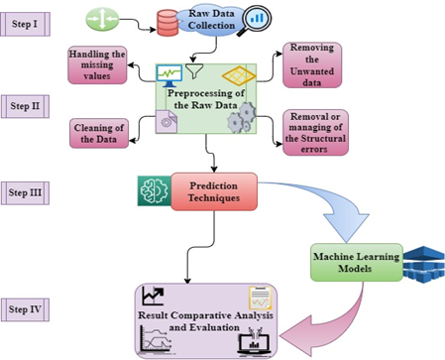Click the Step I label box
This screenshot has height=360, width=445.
click(25, 24)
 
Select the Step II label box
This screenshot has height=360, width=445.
click(25, 106)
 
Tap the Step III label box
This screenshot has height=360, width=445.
click(25, 192)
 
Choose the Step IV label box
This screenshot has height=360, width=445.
click(25, 309)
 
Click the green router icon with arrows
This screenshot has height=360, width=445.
click(102, 19)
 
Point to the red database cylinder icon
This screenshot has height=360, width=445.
click(167, 23)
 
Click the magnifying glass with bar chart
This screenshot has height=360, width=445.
click(256, 21)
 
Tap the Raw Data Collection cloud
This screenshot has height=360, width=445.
click(211, 20)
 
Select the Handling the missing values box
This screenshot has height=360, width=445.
click(97, 64)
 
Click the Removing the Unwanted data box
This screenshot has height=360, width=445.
click(312, 64)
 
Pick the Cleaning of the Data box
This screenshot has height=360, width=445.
click(99, 133)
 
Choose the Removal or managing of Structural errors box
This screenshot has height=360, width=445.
click(315, 133)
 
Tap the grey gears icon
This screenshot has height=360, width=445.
click(242, 118)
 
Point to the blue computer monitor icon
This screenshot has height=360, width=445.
click(169, 75)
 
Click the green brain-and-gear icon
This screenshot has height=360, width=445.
click(155, 191)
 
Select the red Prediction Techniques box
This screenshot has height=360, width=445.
click(214, 191)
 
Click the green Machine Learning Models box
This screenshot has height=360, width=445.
click(357, 263)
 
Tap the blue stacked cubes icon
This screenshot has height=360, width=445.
click(424, 265)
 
